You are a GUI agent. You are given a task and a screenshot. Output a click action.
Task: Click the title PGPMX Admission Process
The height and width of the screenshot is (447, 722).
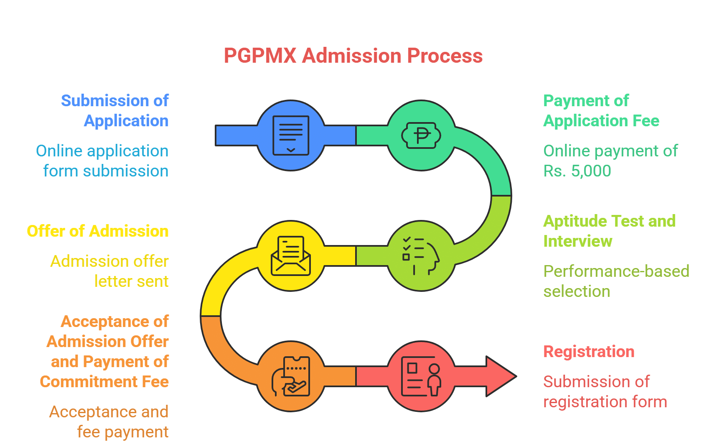point(353,56)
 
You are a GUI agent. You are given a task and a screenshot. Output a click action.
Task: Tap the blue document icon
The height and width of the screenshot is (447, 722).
point(291,135)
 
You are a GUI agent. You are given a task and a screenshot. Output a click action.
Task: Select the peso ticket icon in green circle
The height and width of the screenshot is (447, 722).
point(421,135)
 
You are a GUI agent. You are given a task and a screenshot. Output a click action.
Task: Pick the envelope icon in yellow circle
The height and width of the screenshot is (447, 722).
point(291,256)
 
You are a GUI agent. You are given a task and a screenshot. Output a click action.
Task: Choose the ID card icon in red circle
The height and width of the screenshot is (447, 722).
point(421,376)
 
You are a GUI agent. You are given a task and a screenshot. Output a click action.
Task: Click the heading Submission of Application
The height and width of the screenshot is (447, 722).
point(115,111)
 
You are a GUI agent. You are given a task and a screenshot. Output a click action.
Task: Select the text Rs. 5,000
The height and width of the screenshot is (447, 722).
point(577,171)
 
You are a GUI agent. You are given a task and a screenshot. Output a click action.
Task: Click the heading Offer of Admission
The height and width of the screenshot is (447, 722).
point(98,231)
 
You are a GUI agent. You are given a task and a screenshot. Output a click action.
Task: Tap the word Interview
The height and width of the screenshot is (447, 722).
point(577,241)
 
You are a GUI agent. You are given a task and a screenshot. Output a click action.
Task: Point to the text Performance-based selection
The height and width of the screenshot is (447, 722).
point(616,281)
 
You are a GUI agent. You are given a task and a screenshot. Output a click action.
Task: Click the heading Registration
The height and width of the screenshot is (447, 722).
point(589,352)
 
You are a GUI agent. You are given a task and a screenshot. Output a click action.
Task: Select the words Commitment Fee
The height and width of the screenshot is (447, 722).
point(104,382)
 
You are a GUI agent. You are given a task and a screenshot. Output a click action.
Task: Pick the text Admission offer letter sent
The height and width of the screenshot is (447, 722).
point(109,271)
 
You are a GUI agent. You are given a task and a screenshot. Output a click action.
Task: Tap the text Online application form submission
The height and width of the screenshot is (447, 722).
point(102,161)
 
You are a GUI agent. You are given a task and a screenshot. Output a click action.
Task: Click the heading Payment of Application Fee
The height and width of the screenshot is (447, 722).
point(601,111)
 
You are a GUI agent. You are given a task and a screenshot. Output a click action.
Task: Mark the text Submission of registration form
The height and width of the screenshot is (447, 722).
point(605,392)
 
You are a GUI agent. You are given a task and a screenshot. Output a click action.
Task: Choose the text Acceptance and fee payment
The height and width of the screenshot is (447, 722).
point(109,421)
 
